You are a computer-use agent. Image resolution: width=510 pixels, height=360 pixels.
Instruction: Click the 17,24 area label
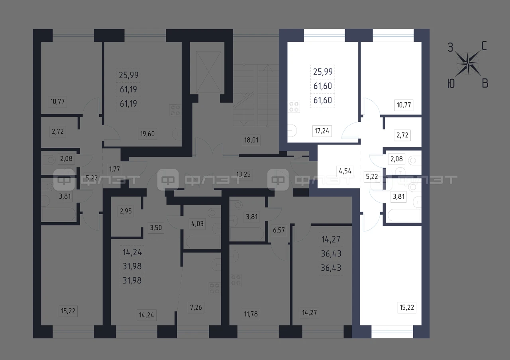[x=322, y=131]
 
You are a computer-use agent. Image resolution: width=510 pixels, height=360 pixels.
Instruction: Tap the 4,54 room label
[x=345, y=171]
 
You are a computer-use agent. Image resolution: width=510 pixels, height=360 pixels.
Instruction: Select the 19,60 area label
[x=147, y=134]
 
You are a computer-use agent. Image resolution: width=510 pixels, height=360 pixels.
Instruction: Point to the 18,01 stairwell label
[x=251, y=140]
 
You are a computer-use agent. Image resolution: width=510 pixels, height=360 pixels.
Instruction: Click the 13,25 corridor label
[x=243, y=174]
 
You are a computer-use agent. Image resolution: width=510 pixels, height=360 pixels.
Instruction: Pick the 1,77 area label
[x=114, y=169]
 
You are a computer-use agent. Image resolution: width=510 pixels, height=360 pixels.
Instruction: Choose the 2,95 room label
[x=126, y=211]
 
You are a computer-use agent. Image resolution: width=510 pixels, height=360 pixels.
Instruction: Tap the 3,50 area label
[x=156, y=227]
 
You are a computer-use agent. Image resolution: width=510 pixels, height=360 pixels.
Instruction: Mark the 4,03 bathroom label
[x=197, y=224]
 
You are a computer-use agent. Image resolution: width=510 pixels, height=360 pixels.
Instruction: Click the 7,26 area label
[x=196, y=307]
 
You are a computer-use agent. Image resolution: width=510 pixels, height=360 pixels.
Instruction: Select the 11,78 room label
[x=251, y=314]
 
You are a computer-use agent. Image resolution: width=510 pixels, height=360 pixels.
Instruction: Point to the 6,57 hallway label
[x=279, y=230]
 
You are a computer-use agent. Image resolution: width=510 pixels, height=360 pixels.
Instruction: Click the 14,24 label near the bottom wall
[x=147, y=315]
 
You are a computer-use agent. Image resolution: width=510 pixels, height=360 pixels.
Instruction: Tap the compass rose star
[x=468, y=63]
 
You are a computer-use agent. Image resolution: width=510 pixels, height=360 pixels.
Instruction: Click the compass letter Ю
[x=451, y=84]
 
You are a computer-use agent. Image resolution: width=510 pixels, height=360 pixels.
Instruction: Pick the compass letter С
[x=484, y=46]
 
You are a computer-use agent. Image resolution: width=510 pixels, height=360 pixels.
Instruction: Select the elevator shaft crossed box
[x=208, y=72]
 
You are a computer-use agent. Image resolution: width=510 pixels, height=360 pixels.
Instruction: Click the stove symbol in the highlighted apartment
[x=294, y=107]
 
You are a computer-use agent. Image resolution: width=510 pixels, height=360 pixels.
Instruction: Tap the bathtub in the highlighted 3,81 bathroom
[x=404, y=215]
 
